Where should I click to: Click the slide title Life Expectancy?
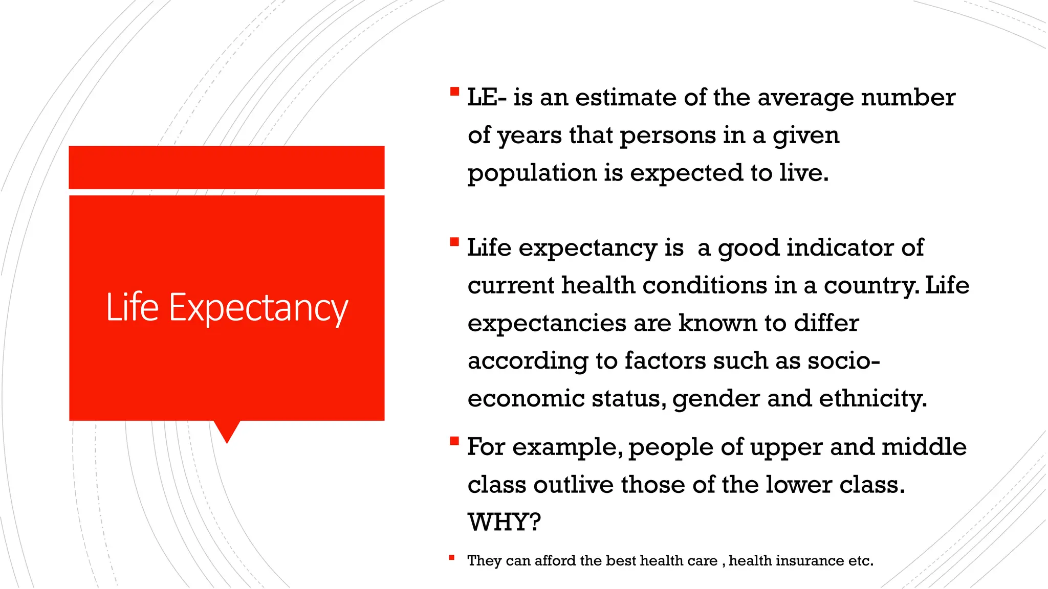point(227,308)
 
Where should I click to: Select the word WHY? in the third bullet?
point(504,522)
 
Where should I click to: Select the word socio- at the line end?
point(843,360)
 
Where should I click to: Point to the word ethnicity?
point(872,398)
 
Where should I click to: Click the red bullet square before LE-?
point(454,92)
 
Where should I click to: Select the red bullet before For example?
point(454,441)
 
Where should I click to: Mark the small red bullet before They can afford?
point(451,558)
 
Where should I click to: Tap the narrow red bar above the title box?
point(227,167)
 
